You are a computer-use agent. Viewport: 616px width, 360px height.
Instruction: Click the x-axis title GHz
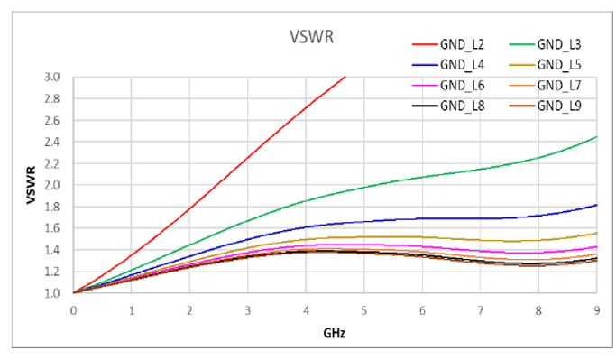[335, 333]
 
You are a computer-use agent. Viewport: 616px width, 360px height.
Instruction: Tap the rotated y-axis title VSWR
[30, 184]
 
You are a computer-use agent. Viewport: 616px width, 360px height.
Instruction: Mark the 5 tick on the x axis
[363, 309]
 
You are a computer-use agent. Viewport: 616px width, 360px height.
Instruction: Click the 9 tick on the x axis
[596, 309]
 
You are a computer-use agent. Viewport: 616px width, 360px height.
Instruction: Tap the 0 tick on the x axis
[73, 309]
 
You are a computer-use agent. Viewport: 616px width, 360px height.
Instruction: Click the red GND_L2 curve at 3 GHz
[247, 156]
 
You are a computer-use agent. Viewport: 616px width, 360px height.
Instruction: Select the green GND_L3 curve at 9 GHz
[596, 137]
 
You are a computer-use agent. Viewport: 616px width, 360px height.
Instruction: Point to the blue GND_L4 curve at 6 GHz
[422, 218]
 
